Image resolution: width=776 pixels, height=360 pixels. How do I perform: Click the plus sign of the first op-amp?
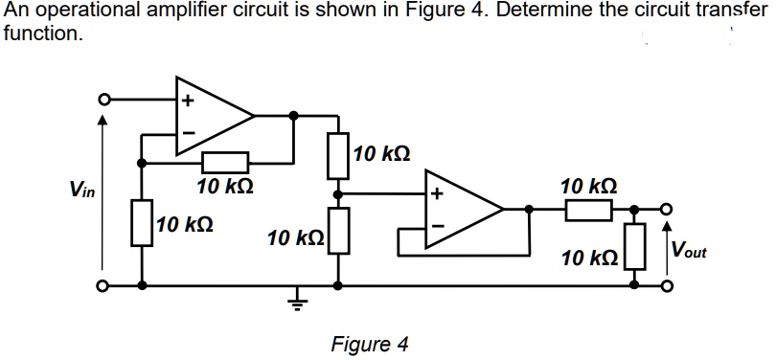click(188, 99)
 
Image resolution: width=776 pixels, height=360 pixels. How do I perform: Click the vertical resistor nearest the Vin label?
click(143, 223)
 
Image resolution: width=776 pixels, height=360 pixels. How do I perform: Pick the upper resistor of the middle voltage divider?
click(337, 155)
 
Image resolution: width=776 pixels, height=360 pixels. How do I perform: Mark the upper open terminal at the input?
click(101, 98)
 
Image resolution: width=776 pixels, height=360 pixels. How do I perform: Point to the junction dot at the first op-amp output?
click(295, 116)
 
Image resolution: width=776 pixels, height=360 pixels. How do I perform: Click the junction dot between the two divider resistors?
click(337, 193)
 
